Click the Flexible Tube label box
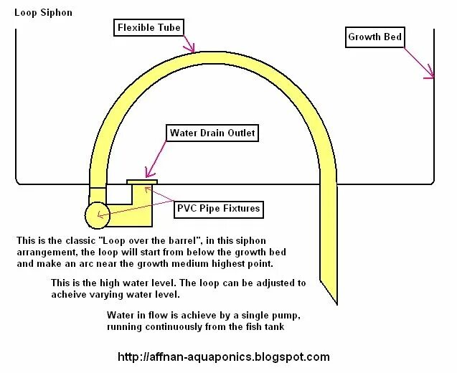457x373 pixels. coord(149,28)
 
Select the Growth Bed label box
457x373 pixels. coord(374,37)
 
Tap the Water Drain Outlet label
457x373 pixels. coord(212,133)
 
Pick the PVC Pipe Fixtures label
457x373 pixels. coord(218,209)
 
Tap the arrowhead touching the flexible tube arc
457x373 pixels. coord(192,49)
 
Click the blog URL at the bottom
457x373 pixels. coord(223,357)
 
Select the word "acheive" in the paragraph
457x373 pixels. coord(75,295)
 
